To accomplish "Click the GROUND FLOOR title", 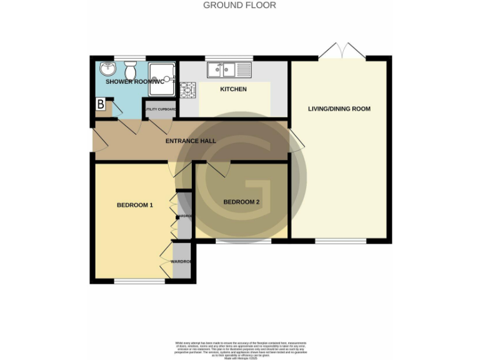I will point(239,6).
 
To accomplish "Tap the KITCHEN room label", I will point(233,89).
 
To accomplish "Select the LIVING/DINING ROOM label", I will point(339,109).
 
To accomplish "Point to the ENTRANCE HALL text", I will point(191,141).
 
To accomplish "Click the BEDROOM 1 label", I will point(135,205).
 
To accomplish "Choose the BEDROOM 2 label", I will point(241,202).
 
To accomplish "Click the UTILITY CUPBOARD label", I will point(161,109).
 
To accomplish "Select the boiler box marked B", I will point(99,105).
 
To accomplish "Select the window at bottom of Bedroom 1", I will point(139,281).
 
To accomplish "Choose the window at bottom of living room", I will point(342,241).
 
